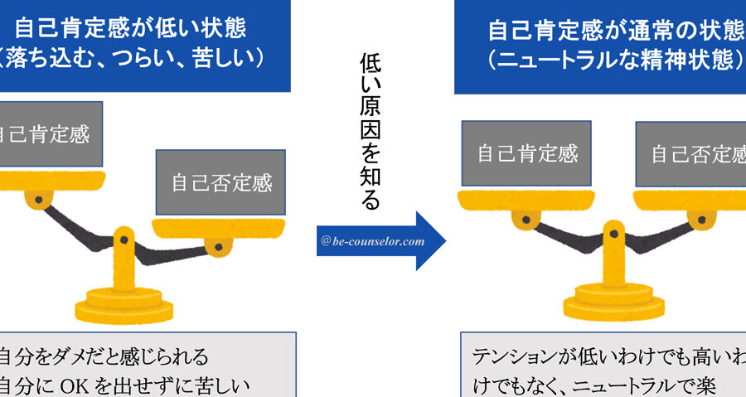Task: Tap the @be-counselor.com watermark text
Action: (x=372, y=242)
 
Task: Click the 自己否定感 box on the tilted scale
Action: (x=221, y=182)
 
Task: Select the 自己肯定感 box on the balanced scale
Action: (x=526, y=153)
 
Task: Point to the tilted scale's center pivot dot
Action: (x=124, y=240)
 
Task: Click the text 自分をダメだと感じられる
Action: (x=104, y=357)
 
